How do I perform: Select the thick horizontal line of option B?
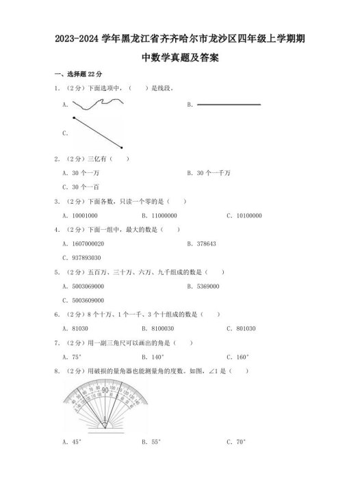click(x=229, y=105)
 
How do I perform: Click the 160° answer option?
click(x=244, y=356)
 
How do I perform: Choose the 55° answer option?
click(x=157, y=442)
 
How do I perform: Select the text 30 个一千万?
click(x=213, y=173)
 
